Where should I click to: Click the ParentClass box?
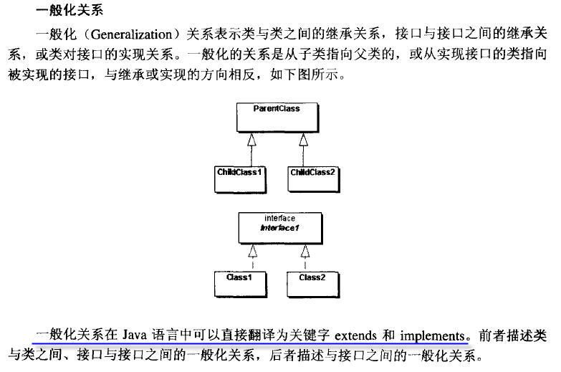point(277,118)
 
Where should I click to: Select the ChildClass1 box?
point(240,180)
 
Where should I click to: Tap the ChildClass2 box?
point(313,180)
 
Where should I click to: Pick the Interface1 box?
point(281,228)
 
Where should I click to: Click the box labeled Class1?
point(241,285)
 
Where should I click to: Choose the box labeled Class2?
point(313,285)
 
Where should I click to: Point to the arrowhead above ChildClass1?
point(251,140)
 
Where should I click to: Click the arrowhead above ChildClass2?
point(303,140)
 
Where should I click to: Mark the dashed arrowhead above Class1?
point(253,251)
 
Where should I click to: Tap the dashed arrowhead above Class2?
point(305,251)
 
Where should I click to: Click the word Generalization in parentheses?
point(132,34)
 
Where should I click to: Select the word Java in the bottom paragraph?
point(135,335)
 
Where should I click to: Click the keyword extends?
point(355,336)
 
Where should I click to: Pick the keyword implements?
point(432,336)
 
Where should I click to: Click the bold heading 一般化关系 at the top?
point(69,10)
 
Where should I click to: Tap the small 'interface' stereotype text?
point(280,218)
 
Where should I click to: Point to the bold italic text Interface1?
point(279,228)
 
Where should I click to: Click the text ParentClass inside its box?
point(277,108)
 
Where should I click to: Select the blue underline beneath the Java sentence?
point(251,343)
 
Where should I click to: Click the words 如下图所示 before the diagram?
point(304,75)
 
